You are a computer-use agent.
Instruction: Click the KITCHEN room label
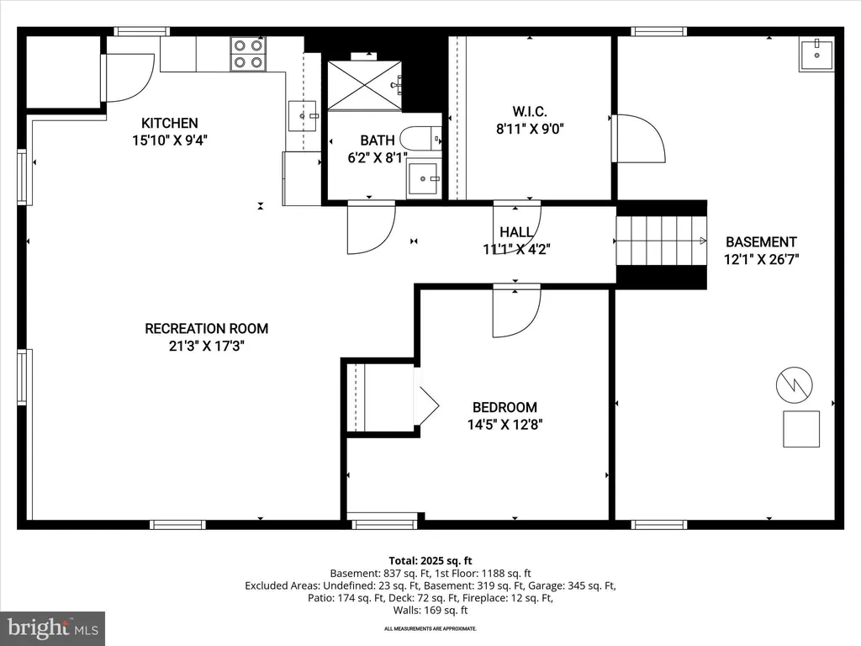pos(170,123)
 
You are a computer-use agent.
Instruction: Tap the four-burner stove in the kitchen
pos(248,54)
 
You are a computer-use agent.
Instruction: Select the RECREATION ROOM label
pos(207,329)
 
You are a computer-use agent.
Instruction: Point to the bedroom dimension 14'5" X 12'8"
pos(504,425)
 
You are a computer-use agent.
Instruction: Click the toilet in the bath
pos(420,138)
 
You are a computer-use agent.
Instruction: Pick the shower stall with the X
pos(365,86)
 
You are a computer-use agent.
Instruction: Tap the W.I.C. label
pos(530,112)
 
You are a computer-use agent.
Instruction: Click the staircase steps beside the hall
pos(661,241)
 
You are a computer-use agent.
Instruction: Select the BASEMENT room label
pos(761,242)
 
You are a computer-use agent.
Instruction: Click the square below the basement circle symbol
pos(801,429)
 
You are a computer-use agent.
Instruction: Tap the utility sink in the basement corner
pos(816,55)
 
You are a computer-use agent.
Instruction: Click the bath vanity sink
pos(424,179)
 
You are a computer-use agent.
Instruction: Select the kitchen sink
pos(303,116)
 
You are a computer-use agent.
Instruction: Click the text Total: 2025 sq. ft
pos(430,561)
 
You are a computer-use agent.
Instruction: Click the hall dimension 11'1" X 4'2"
pos(516,250)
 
